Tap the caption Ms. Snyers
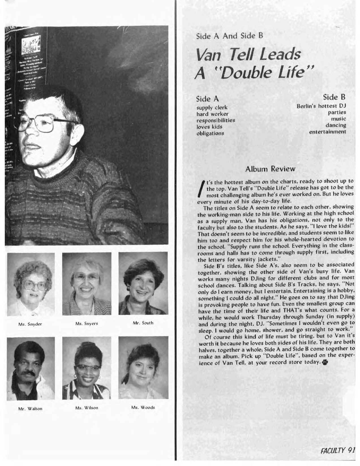(x=87, y=323)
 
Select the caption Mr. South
(x=143, y=323)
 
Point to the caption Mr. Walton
(x=30, y=408)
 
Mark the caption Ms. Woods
(x=143, y=407)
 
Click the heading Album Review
(x=271, y=169)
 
